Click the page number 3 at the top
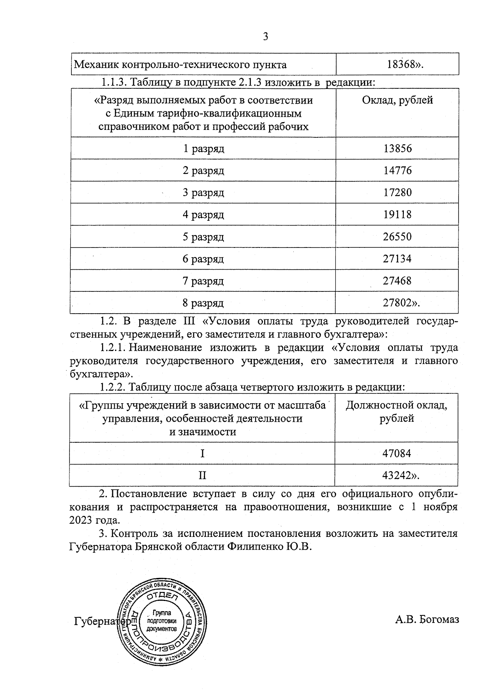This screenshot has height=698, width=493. pyautogui.click(x=265, y=37)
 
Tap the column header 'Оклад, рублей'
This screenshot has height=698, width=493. pyautogui.click(x=397, y=100)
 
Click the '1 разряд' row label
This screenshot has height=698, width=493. pyautogui.click(x=203, y=148)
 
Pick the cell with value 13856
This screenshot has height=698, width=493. pyautogui.click(x=397, y=148)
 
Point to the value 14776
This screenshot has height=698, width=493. pyautogui.click(x=397, y=171)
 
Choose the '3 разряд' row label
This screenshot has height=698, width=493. pyautogui.click(x=203, y=192)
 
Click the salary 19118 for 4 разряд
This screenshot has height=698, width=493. pyautogui.click(x=397, y=215)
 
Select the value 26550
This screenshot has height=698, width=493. pyautogui.click(x=397, y=237)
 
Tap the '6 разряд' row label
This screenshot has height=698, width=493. pyautogui.click(x=203, y=259)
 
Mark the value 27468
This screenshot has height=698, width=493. pyautogui.click(x=397, y=281)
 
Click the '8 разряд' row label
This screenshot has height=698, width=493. pyautogui.click(x=203, y=303)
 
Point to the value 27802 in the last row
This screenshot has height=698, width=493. pyautogui.click(x=398, y=303)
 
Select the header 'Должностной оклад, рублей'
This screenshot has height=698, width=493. pyautogui.click(x=396, y=412)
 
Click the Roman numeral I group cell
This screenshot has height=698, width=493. pyautogui.click(x=202, y=453)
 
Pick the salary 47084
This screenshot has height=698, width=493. pyautogui.click(x=396, y=453)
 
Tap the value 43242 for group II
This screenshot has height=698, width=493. pyautogui.click(x=397, y=476)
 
